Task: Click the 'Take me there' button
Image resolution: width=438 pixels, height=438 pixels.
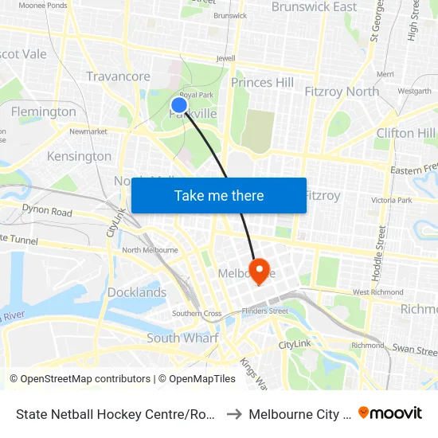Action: click(219, 196)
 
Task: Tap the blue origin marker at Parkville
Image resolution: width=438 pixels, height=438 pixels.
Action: click(179, 104)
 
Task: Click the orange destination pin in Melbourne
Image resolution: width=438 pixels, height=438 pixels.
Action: click(260, 268)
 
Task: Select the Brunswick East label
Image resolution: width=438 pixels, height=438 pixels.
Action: click(314, 7)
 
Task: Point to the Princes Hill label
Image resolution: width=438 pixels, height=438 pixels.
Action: click(262, 82)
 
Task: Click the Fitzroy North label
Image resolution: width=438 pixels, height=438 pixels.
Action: click(342, 92)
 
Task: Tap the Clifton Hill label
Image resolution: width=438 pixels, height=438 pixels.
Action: click(405, 133)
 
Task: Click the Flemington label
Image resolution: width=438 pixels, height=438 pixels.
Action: click(43, 111)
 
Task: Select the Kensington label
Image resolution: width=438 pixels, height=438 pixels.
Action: click(79, 156)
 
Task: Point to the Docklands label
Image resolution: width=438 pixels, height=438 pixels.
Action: click(137, 292)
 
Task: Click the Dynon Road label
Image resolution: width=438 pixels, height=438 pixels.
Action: click(47, 213)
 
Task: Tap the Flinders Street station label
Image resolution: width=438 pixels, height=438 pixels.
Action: click(266, 311)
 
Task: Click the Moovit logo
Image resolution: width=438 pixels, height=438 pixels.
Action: click(390, 413)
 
